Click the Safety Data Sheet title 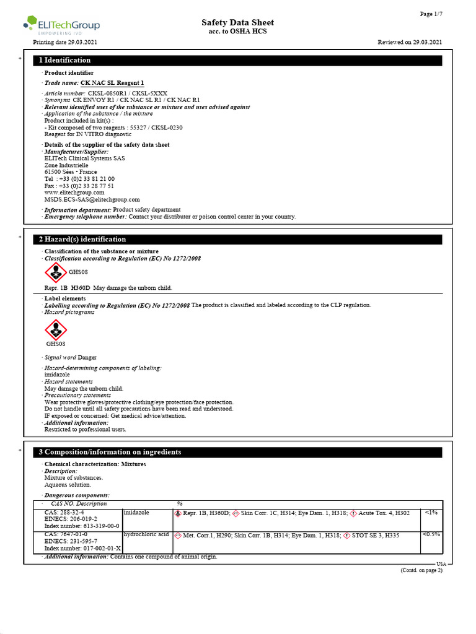[x=237, y=23]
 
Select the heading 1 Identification [x=64, y=60]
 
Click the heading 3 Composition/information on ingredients [x=110, y=452]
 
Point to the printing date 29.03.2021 [x=64, y=42]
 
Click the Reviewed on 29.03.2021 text [x=410, y=42]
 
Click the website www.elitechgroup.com [x=74, y=193]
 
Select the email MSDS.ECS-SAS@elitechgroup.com [x=92, y=199]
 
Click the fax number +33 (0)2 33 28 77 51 [x=86, y=186]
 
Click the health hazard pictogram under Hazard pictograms [x=56, y=329]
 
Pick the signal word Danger [x=87, y=357]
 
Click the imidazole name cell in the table [x=136, y=513]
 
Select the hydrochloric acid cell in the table [x=146, y=534]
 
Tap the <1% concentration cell [x=431, y=513]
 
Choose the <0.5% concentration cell [x=431, y=534]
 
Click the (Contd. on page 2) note [x=421, y=570]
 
